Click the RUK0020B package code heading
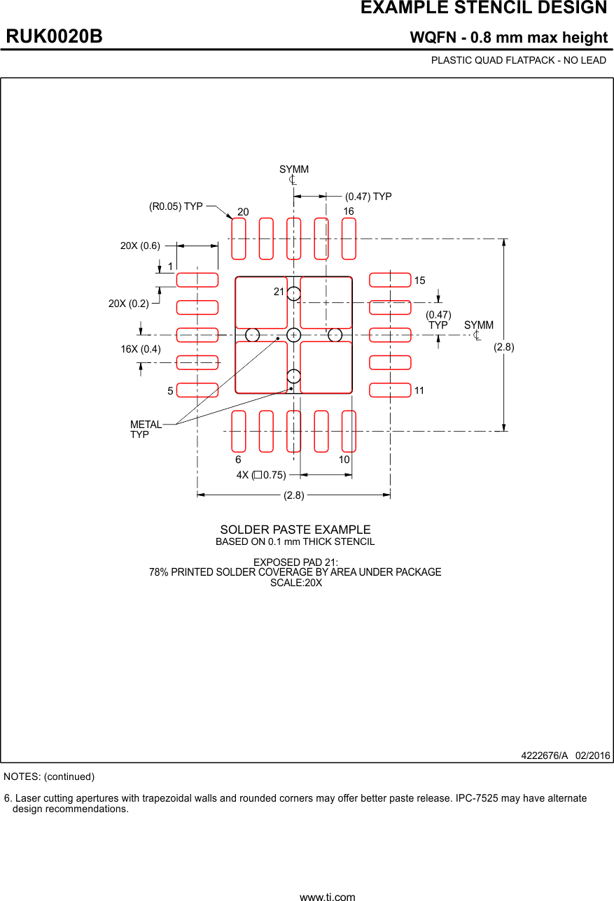tap(55, 37)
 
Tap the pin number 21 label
tap(279, 292)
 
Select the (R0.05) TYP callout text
tap(176, 206)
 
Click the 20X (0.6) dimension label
tap(140, 246)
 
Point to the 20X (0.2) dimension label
tap(129, 304)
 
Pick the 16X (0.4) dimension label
tap(141, 349)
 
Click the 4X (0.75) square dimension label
tap(261, 475)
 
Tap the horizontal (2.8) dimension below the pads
tap(294, 495)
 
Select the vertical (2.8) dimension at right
tap(504, 347)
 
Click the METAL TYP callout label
tap(145, 430)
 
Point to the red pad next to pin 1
tap(197, 280)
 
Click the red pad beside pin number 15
tap(390, 280)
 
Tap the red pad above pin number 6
tap(239, 431)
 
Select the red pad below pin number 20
tap(239, 239)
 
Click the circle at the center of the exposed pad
tap(294, 334)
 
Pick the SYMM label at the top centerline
tap(294, 170)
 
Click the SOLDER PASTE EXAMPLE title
tap(295, 530)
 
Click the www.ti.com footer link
tap(327, 896)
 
